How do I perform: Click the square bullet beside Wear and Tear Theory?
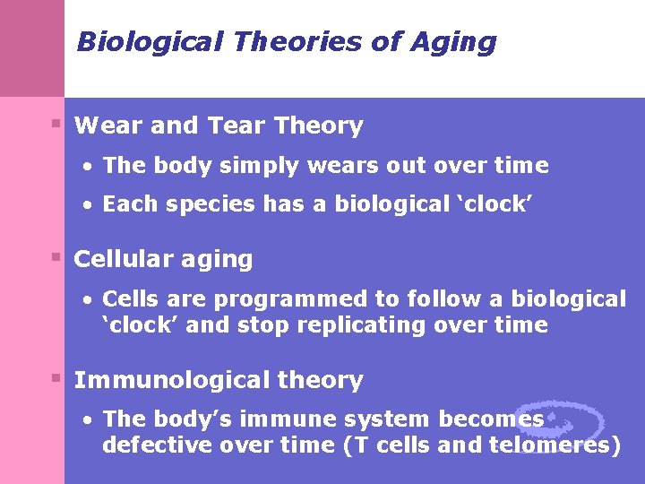tap(56, 123)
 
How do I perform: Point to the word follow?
tap(441, 298)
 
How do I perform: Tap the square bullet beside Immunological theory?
tap(56, 377)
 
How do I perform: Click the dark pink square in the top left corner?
tap(32, 48)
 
